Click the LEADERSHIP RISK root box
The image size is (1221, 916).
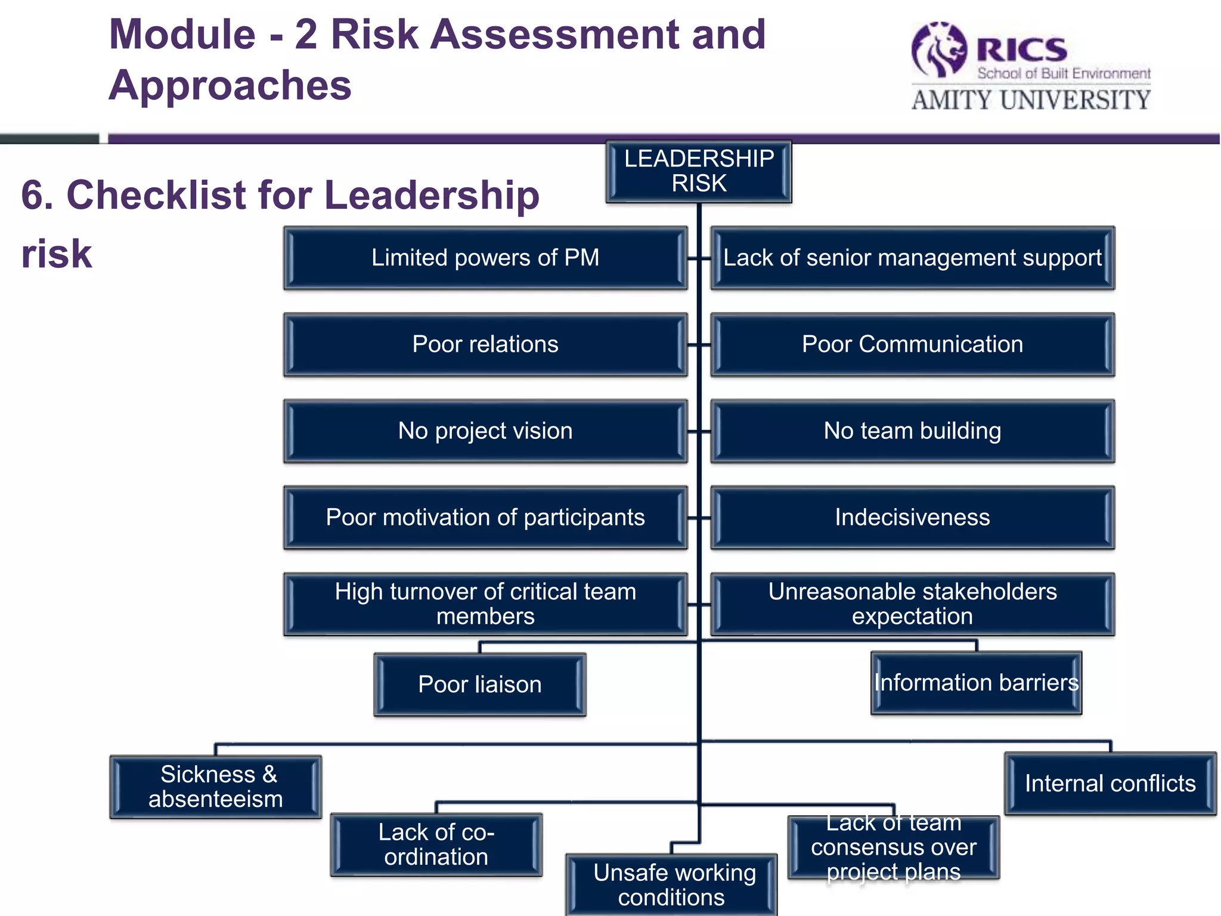(x=699, y=172)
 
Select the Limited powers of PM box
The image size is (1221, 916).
(x=485, y=258)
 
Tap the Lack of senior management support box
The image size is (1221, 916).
(x=912, y=258)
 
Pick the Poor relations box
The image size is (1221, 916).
(x=485, y=345)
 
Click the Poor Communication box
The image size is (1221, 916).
(x=912, y=345)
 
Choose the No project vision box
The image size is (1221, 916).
(x=485, y=431)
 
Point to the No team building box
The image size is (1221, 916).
(x=912, y=431)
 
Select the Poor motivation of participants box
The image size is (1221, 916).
(x=485, y=518)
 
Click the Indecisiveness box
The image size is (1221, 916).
(x=912, y=518)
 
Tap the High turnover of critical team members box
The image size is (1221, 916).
(x=485, y=604)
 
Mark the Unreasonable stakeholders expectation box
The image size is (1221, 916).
(x=912, y=604)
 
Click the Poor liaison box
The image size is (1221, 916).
(x=480, y=685)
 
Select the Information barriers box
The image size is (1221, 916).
(x=976, y=683)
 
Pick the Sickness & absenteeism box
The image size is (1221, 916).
(x=216, y=787)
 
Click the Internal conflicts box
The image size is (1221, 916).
(x=1110, y=784)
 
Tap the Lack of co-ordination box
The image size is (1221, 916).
(x=436, y=844)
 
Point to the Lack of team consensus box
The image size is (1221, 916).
(x=893, y=847)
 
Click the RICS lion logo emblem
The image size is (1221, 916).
(x=938, y=51)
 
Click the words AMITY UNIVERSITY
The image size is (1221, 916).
(x=1031, y=100)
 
